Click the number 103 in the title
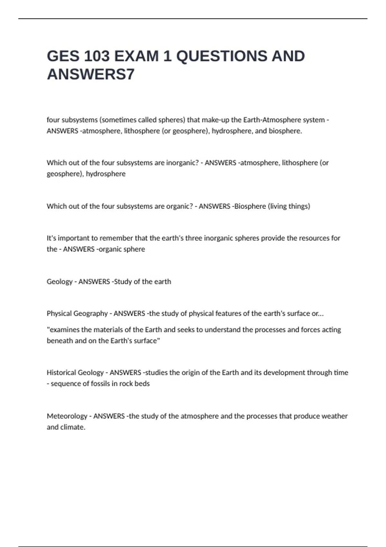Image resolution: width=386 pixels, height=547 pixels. click(97, 56)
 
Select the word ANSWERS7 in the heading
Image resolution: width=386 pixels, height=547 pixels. click(91, 74)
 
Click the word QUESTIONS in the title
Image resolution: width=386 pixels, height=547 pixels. click(222, 56)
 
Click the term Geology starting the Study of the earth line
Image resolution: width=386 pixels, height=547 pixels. click(60, 282)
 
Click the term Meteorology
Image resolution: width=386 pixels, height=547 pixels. click(67, 416)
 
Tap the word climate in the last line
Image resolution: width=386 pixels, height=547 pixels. click(74, 427)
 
